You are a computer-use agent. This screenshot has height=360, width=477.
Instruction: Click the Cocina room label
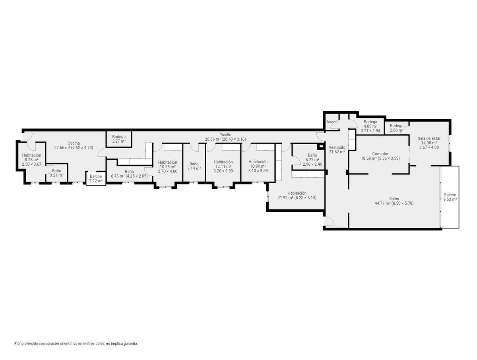[x=74, y=143]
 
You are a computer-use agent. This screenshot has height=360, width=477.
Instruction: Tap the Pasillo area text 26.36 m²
[x=213, y=139]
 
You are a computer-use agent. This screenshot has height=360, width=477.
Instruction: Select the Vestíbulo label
[x=337, y=147]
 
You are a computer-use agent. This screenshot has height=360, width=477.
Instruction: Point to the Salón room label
[x=394, y=199]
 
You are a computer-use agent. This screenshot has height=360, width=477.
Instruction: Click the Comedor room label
[x=380, y=154]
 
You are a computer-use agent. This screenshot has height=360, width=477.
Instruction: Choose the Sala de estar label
[x=429, y=138]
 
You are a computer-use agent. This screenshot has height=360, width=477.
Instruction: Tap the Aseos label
[x=332, y=122]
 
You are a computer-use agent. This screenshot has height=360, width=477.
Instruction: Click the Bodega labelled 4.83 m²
[x=370, y=122]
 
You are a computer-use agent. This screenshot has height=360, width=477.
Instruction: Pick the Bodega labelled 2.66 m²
[x=397, y=126]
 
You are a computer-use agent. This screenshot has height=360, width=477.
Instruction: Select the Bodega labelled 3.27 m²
[x=119, y=137]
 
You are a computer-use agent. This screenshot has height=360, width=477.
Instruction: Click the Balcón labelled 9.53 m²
[x=450, y=195]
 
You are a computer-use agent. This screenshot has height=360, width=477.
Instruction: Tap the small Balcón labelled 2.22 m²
[x=96, y=176]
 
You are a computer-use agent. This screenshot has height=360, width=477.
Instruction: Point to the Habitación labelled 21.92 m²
[x=297, y=193]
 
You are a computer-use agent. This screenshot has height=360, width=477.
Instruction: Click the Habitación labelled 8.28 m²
[x=32, y=155]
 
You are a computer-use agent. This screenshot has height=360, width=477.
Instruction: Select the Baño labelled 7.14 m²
[x=194, y=164]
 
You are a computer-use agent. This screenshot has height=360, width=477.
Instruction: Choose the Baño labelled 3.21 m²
[x=57, y=171]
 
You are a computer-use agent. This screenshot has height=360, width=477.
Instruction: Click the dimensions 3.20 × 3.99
[x=223, y=171]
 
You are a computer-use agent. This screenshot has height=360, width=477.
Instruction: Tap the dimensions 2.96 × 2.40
[x=312, y=165]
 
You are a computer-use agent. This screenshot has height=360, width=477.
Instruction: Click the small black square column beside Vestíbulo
[x=320, y=146]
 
